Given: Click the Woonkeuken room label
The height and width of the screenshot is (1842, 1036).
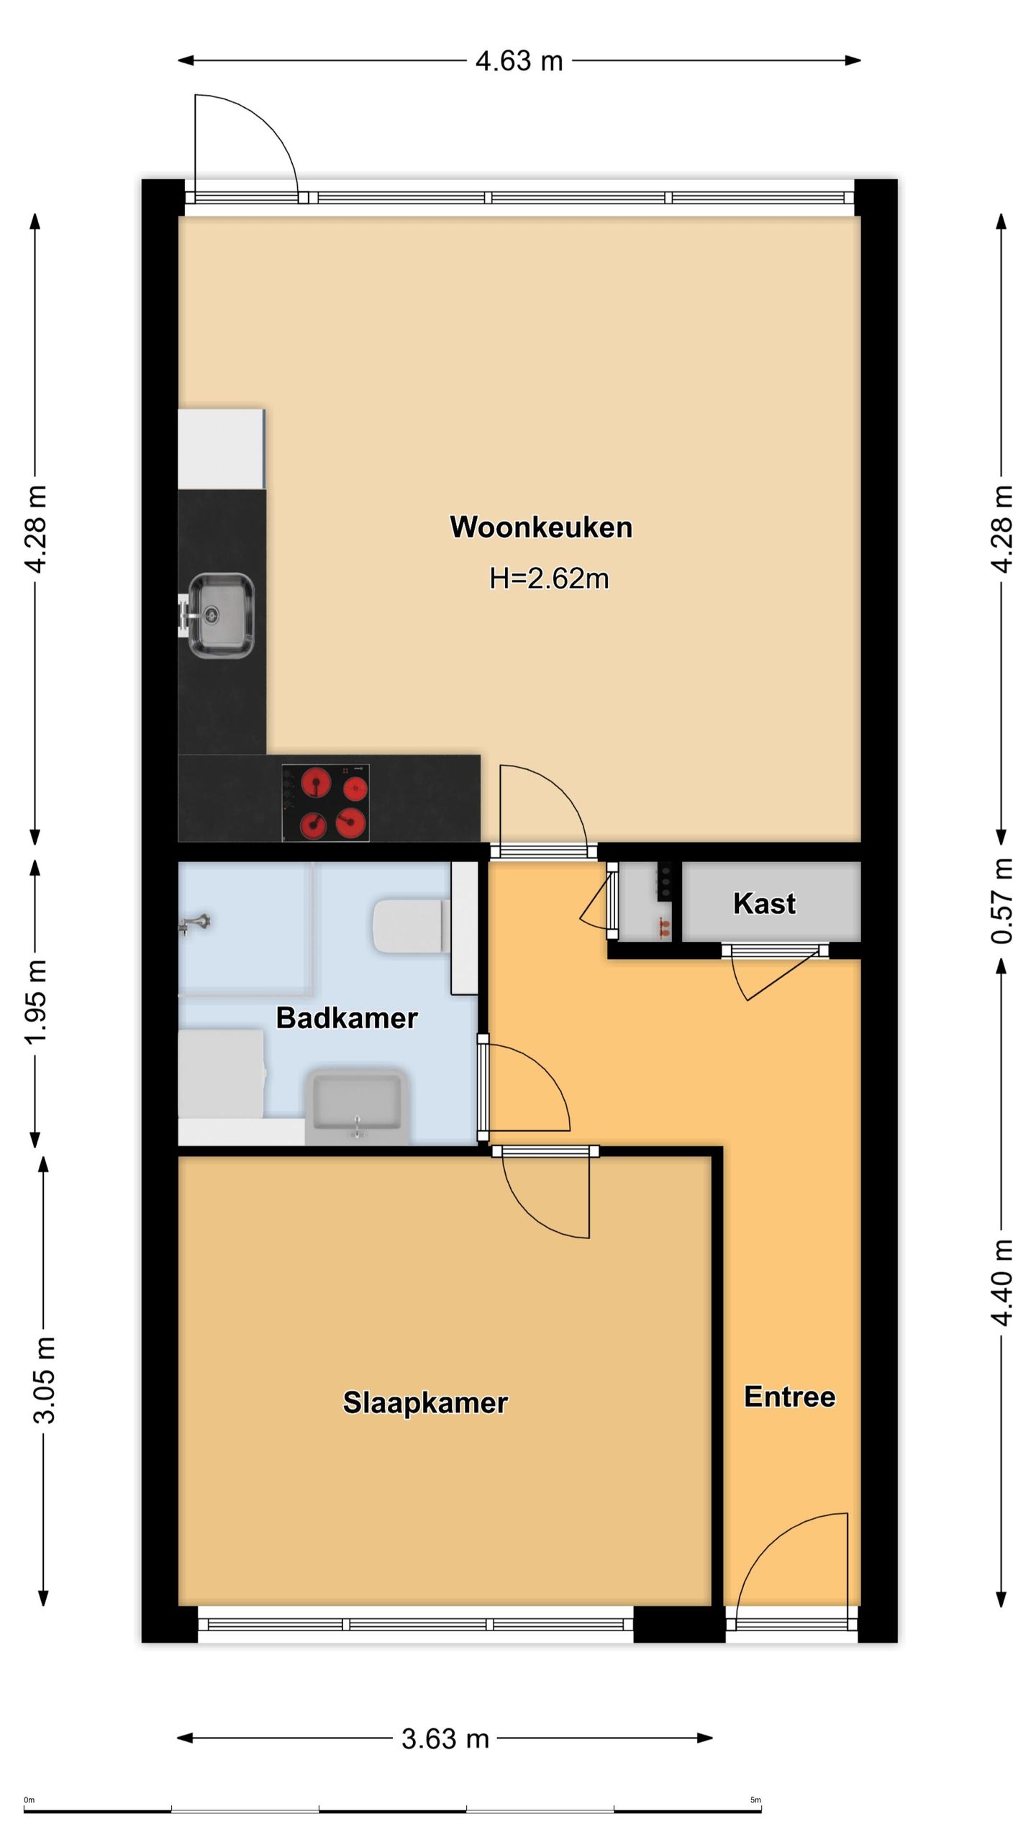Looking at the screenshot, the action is pos(541,527).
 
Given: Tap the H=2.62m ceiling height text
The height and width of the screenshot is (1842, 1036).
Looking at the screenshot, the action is pos(549,579).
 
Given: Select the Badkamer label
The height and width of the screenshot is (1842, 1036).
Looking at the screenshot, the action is pos(347,1018).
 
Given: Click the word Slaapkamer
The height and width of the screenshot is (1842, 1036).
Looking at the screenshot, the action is pos(425,1403).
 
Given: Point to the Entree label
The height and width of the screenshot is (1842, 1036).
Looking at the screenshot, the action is pos(789,1397).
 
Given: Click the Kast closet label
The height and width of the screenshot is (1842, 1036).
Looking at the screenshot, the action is pos(764,903).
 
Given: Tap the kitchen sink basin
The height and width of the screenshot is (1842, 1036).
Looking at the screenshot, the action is pos(220,615).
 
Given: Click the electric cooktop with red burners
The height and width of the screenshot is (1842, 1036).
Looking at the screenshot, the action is pos(325,802).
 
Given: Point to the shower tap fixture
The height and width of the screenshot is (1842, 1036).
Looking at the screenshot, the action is pos(194,923).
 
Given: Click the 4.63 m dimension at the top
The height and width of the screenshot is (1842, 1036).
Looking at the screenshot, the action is pos(519,61).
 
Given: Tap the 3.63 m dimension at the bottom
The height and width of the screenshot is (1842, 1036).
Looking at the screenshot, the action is pos(445,1738).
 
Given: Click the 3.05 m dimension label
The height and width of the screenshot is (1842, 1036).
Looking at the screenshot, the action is pos(44,1380).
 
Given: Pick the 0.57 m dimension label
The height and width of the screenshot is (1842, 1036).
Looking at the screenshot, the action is pos(1002,901).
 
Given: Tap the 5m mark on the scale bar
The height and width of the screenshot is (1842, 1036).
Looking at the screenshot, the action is pos(755,1800).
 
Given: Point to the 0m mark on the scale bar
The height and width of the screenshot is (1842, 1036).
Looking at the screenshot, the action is pos(29,1800).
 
